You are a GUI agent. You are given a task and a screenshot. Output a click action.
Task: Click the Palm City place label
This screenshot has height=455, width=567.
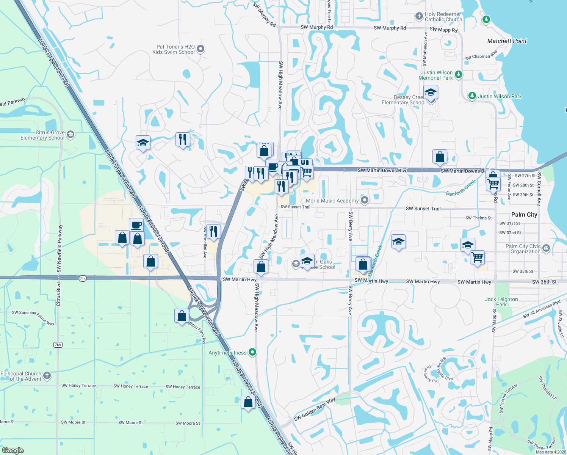click(524, 215)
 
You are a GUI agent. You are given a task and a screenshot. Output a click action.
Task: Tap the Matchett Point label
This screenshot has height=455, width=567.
click(507, 41)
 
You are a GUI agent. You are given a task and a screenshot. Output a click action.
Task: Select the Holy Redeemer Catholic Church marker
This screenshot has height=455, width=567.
click(419, 16)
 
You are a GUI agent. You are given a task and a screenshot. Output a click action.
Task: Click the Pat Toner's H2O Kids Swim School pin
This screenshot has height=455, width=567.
click(201, 49)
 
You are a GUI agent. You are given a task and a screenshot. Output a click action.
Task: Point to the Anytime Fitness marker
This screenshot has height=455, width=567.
click(252, 352)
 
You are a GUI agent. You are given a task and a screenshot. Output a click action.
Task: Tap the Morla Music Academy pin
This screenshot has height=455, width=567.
click(364, 200)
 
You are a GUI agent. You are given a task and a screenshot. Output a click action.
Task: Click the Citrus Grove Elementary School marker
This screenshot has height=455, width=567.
click(70, 135)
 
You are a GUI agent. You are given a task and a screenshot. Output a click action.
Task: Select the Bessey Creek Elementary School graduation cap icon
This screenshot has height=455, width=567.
click(431, 93)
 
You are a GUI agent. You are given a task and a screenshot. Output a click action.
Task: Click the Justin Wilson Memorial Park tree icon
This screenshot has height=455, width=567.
click(459, 74)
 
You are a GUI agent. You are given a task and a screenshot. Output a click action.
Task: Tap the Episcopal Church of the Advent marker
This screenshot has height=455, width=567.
click(47, 375)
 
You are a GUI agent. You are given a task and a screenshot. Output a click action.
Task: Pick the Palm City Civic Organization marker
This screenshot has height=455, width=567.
click(546, 248)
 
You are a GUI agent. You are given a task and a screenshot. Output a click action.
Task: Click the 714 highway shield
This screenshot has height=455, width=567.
click(83, 279)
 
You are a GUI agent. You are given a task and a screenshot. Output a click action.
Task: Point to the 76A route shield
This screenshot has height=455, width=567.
click(58, 345)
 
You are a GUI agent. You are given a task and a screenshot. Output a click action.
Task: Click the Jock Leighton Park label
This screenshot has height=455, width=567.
click(501, 302)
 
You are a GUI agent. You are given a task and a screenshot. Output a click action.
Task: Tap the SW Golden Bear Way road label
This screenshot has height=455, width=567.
click(315, 409)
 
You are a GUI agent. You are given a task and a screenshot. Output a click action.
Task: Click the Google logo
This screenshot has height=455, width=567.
click(13, 450)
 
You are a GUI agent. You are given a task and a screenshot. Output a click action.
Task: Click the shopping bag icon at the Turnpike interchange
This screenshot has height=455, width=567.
click(182, 316)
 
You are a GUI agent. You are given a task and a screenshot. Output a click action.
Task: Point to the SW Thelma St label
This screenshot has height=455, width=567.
click(478, 218)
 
